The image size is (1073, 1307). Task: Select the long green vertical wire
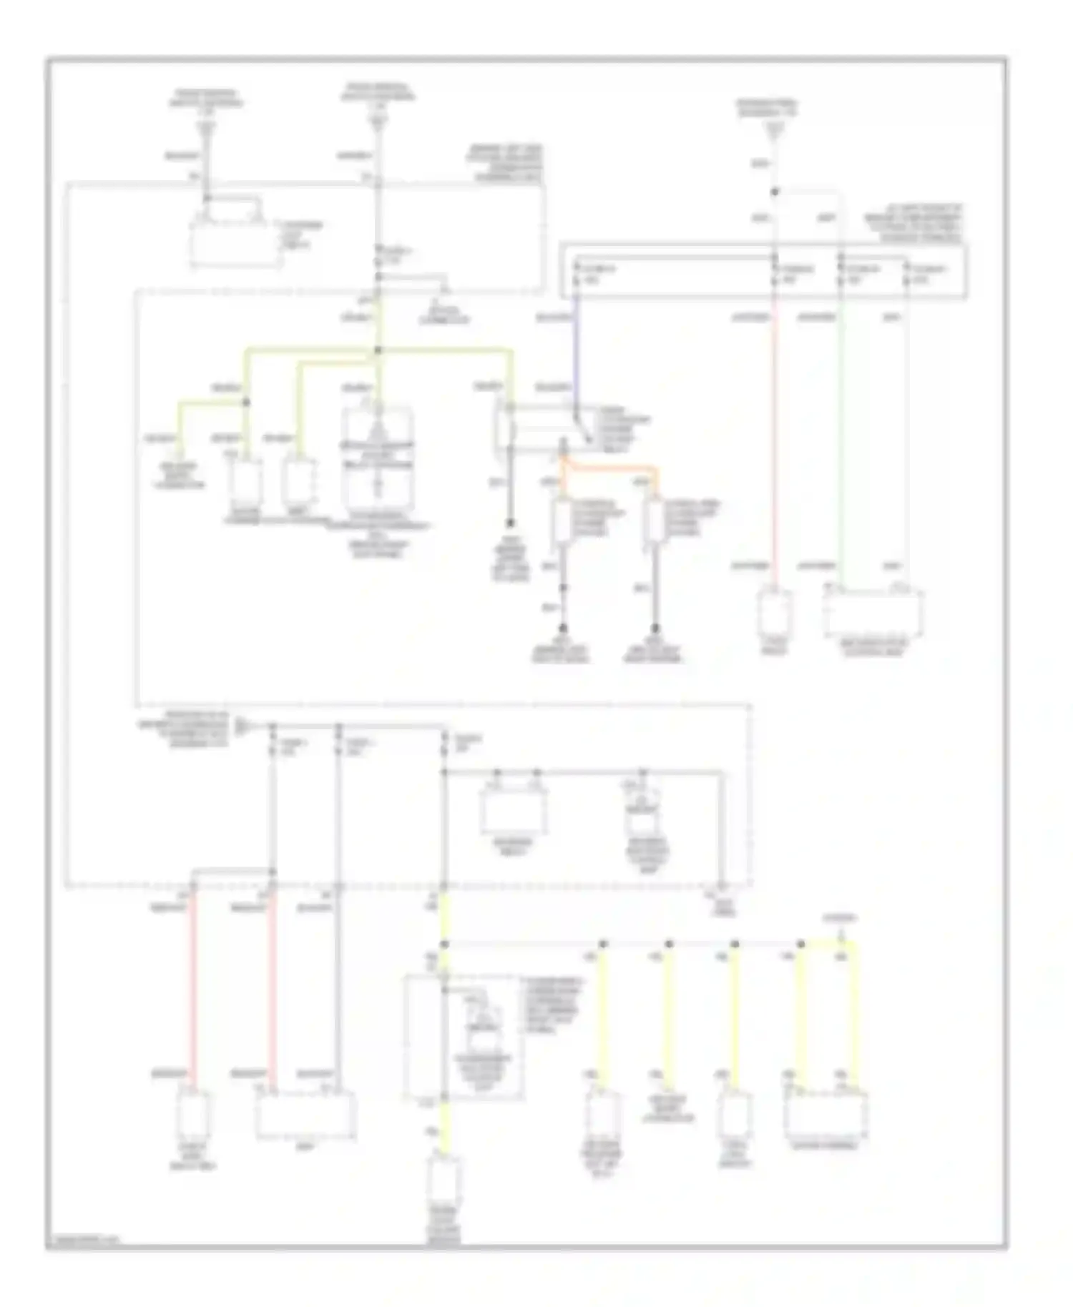[x=841, y=443]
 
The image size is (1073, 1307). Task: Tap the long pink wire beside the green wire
[x=774, y=443]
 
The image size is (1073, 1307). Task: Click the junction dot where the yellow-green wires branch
[x=378, y=350]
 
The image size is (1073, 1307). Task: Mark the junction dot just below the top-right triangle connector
[x=774, y=192]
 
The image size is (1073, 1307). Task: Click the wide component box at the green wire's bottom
[x=873, y=613]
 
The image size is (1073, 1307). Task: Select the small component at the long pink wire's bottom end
[x=774, y=612]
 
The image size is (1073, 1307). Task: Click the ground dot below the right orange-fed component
[x=654, y=629]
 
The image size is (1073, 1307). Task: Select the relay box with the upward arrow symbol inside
[x=378, y=458]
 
